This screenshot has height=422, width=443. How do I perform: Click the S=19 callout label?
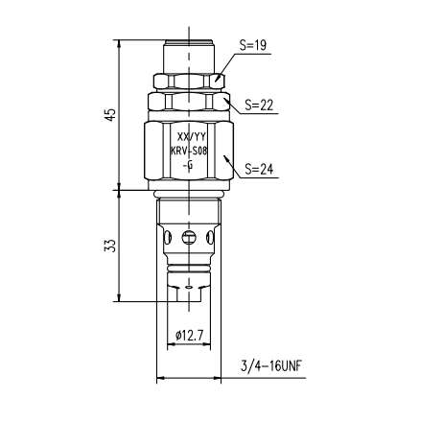pyautogui.click(x=253, y=45)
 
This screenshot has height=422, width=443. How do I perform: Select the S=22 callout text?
pyautogui.click(x=259, y=105)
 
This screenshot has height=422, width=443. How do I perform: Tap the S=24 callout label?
pyautogui.click(x=259, y=169)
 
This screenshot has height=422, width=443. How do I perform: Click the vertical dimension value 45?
pyautogui.click(x=111, y=115)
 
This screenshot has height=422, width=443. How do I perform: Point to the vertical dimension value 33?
pyautogui.click(x=110, y=246)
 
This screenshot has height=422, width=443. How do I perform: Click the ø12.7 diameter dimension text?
pyautogui.click(x=189, y=336)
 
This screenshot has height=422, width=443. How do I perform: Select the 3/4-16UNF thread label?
pyautogui.click(x=271, y=365)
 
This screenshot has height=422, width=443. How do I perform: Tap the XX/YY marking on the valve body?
pyautogui.click(x=192, y=137)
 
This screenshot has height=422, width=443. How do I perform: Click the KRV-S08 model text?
pyautogui.click(x=189, y=151)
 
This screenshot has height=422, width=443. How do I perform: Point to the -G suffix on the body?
pyautogui.click(x=188, y=165)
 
